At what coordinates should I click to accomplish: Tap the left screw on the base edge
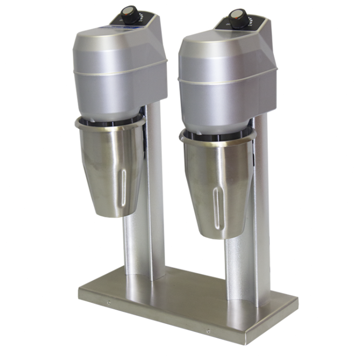(x=109, y=302)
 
